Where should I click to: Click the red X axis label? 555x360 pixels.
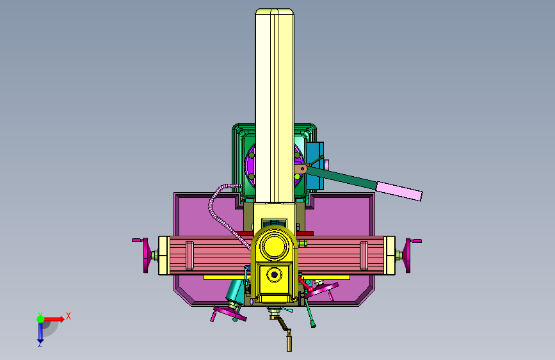pyautogui.click(x=68, y=316)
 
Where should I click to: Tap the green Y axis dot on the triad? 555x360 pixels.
pyautogui.click(x=41, y=319)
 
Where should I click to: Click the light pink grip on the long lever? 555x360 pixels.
pyautogui.click(x=399, y=191)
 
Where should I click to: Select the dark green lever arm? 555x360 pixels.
pyautogui.click(x=341, y=177)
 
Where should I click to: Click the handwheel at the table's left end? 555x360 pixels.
pyautogui.click(x=145, y=255)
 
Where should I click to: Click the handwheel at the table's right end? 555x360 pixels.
pyautogui.click(x=408, y=256)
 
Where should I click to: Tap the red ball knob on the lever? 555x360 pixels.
pyautogui.click(x=310, y=290)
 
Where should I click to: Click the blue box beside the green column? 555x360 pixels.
pyautogui.click(x=315, y=165)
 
